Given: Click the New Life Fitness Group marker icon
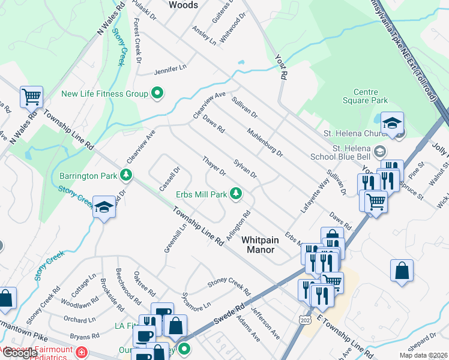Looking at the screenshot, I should [157, 93].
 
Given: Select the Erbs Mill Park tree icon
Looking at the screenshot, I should [237, 193].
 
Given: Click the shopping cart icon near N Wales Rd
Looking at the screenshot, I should [31, 95].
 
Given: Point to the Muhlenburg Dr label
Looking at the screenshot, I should [265, 142].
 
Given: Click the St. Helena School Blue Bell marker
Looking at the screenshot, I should [379, 149].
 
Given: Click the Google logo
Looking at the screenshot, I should [20, 353].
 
